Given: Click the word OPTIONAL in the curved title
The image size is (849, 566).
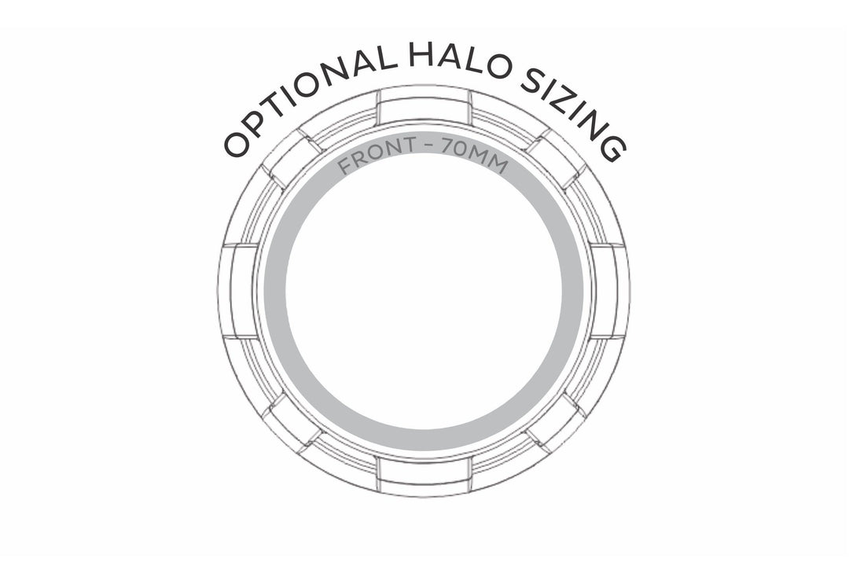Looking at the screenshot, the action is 310,101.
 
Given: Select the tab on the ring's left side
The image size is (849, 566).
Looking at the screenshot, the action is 239,290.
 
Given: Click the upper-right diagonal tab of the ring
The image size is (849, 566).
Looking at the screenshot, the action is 557,158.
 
